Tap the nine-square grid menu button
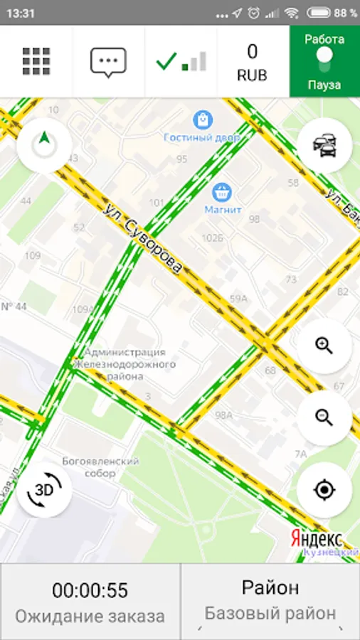(36, 61)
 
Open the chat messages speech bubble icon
(108, 62)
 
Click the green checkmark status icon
(166, 61)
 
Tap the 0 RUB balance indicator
(253, 61)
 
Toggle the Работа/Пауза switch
(324, 61)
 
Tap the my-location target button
(324, 490)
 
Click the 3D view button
(44, 490)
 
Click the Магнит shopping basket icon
(221, 191)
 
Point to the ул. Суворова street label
(143, 240)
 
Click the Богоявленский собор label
(100, 467)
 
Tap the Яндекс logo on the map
(316, 539)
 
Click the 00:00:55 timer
(90, 591)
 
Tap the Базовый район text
(270, 613)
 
